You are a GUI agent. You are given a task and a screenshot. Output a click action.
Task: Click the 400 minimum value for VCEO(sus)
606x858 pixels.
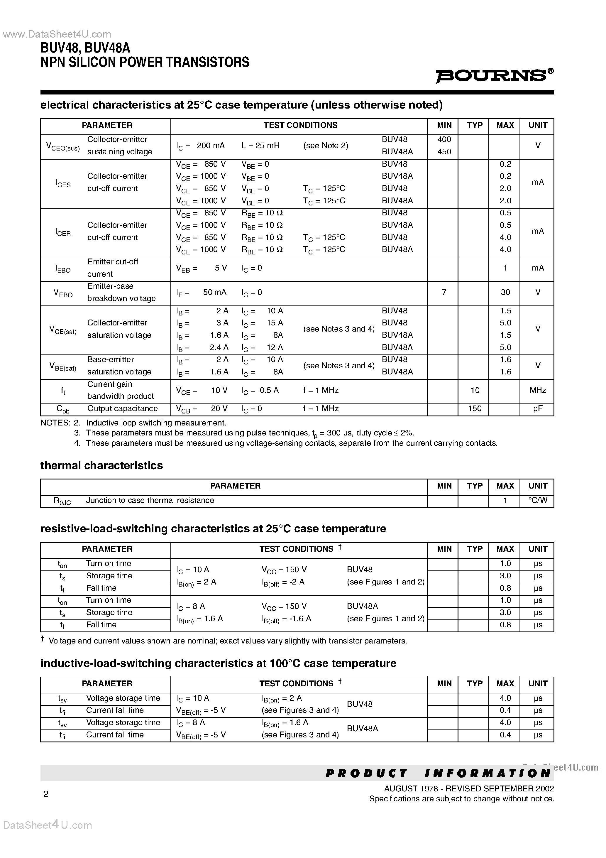point(444,139)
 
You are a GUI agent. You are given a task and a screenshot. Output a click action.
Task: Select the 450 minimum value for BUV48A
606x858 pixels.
point(444,152)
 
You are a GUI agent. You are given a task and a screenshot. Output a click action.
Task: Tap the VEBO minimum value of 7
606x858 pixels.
point(444,292)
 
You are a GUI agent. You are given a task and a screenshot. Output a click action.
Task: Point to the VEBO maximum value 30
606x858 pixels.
point(505,292)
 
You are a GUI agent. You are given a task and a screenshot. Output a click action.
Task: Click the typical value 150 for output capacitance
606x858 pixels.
point(475,408)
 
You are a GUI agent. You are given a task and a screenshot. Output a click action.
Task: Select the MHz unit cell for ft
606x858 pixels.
point(538,390)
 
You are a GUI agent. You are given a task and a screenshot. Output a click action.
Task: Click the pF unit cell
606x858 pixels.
point(538,408)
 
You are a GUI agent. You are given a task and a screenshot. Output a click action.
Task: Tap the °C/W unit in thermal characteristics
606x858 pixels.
point(538,500)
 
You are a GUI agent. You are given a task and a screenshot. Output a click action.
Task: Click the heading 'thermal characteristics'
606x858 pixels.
point(101,465)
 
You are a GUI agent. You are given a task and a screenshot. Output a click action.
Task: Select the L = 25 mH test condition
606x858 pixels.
point(260,145)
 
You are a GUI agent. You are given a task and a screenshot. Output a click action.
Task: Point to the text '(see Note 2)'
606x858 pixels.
point(325,145)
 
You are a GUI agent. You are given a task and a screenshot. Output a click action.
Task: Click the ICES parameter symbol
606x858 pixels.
point(63,183)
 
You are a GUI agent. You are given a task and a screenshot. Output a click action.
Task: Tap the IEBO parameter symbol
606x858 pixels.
point(63,269)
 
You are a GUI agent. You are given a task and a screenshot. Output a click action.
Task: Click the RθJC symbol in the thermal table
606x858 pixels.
point(62,501)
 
